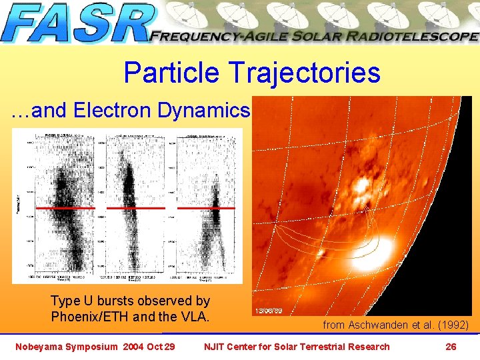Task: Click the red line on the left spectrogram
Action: tap(65, 208)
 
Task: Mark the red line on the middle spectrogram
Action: tap(135, 208)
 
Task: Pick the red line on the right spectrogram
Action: tap(206, 208)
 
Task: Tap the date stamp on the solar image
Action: tap(271, 311)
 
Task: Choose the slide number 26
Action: tap(451, 346)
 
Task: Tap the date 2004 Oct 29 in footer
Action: tap(149, 346)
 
